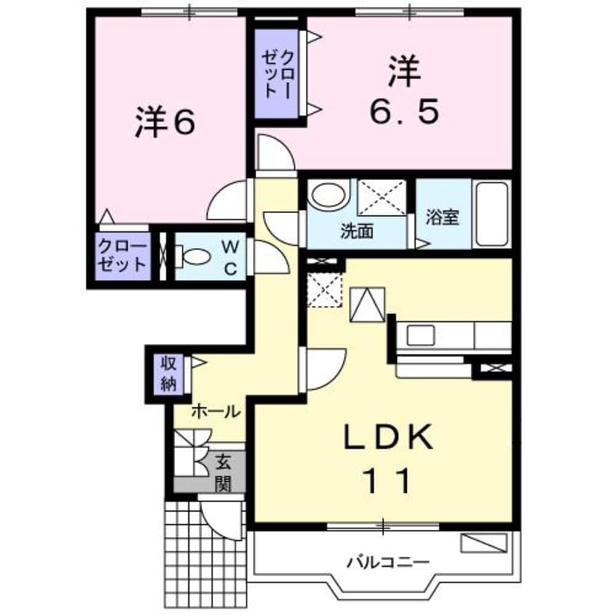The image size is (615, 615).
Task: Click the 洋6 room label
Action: pyautogui.click(x=165, y=123)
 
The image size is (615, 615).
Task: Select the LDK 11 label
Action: pyautogui.click(x=387, y=458)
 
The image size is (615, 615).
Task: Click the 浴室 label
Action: pyautogui.click(x=442, y=217)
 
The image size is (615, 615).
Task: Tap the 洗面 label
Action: pyautogui.click(x=357, y=231)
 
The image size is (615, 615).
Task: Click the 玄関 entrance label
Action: pyautogui.click(x=223, y=472)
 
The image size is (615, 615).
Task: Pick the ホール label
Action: pyautogui.click(x=216, y=411)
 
